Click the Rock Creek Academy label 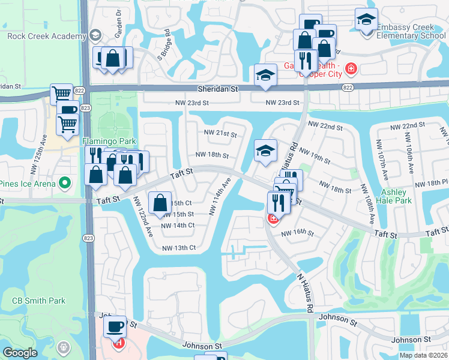pos(47,37)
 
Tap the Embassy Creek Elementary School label pos(411,31)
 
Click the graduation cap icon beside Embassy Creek pos(366,20)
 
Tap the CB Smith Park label pos(38,300)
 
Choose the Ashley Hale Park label pos(394,196)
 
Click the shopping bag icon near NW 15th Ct pos(160,203)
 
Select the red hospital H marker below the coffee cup pos(119,343)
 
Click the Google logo pos(20,353)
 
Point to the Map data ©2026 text pos(423,355)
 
